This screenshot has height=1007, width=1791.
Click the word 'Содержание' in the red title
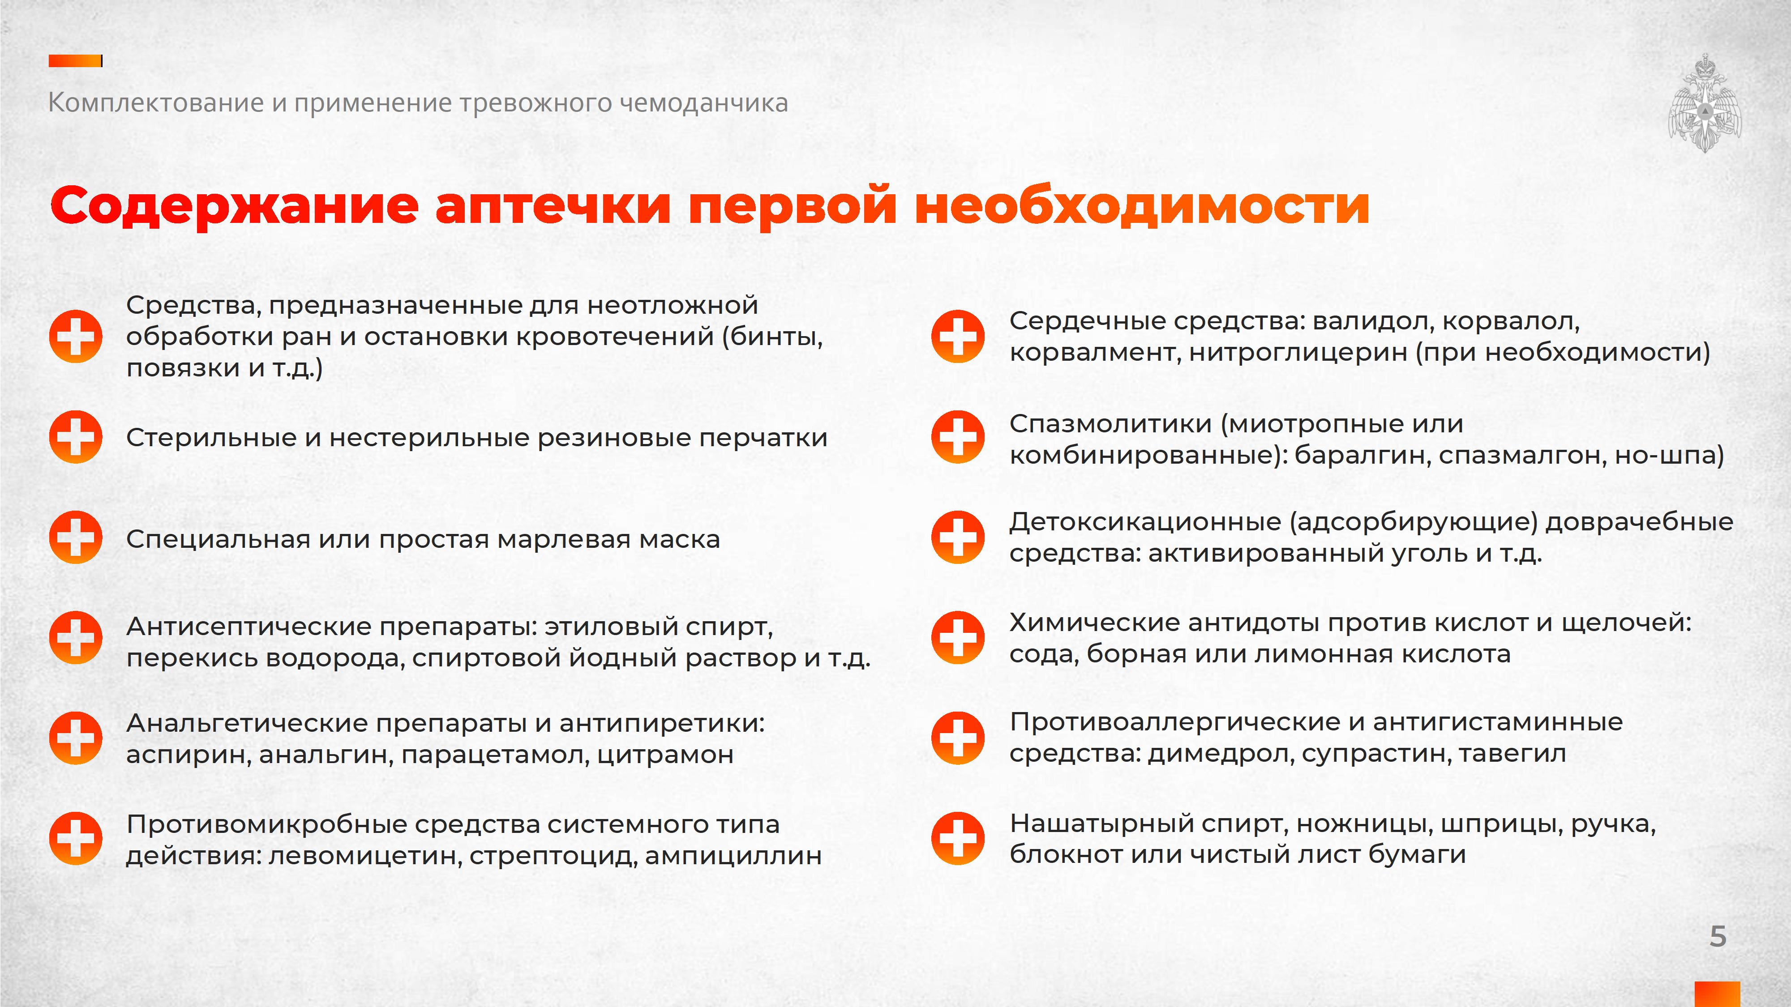click(x=234, y=206)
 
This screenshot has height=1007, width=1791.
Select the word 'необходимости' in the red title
click(x=1142, y=206)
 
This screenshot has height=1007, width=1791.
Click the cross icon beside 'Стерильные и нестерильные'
click(x=76, y=437)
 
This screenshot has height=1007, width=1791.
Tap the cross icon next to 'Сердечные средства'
click(x=958, y=337)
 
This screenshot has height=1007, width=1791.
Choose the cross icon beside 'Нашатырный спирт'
click(x=958, y=838)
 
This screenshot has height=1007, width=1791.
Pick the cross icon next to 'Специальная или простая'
click(x=76, y=537)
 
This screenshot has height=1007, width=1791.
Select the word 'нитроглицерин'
click(x=1298, y=352)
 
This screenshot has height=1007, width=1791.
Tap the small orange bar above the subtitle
click(x=76, y=61)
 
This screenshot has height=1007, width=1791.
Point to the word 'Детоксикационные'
click(x=1145, y=522)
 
